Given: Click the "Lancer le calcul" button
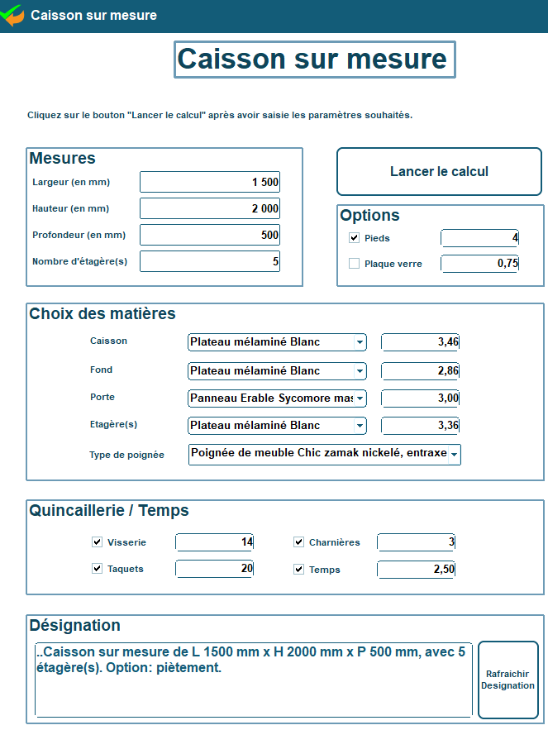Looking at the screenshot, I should coord(439,172).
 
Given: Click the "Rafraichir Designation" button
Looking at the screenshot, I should coord(507,680).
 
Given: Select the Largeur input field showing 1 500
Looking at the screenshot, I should coord(210,182).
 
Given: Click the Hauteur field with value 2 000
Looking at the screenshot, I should coord(210,208).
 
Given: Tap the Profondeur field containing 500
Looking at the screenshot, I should coord(210,235).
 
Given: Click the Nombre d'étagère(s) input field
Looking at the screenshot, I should coord(210,261).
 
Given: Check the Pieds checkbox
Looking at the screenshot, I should coord(355,238).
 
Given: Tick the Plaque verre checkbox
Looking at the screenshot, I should coord(355,264).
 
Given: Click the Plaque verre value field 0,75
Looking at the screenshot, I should coord(479,264).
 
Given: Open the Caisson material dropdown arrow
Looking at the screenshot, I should coord(360,342).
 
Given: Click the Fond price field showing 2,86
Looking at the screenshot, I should coord(420,370).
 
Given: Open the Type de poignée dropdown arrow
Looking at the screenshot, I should coord(454,455).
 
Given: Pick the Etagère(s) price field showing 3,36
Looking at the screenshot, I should coord(420,426).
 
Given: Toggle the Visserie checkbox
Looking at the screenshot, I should coord(98,542).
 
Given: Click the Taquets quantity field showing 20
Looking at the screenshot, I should coord(214,569).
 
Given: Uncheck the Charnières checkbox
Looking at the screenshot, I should coord(299,542).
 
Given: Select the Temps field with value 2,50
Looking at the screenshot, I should coord(416,569).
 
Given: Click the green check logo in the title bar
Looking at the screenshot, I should coord(12,15).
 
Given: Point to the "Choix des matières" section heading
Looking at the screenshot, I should coord(102,314).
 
